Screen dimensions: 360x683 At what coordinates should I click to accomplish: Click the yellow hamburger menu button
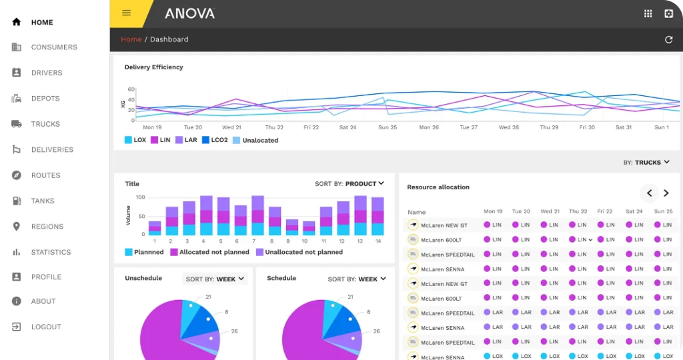pos(127,13)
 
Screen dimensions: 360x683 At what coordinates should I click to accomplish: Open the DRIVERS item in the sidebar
pos(46,73)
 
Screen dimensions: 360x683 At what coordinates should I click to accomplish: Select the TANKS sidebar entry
pos(43,201)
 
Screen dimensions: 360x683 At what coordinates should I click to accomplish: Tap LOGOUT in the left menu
pos(45,327)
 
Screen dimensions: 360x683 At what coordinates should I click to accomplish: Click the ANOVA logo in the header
pos(189,13)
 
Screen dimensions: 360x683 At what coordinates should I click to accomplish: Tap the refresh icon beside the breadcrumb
pos(668,39)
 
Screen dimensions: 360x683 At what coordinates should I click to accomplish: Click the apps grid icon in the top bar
pos(648,13)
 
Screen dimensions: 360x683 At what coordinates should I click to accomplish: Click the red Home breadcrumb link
pos(131,39)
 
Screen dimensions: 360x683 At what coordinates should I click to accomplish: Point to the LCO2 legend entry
pos(215,140)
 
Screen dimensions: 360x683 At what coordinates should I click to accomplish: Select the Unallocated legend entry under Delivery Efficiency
pos(255,140)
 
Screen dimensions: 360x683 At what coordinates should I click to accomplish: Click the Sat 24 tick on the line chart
pos(348,127)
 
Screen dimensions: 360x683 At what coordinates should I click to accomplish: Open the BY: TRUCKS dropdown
pos(646,162)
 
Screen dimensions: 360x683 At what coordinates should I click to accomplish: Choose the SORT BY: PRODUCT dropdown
pos(350,183)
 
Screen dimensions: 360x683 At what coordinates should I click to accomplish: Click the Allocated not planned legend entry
pos(209,252)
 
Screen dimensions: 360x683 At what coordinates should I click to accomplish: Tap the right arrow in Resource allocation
pos(666,193)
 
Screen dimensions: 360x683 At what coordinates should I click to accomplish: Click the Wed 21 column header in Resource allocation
pos(550,211)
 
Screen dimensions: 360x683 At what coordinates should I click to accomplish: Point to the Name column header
pos(416,212)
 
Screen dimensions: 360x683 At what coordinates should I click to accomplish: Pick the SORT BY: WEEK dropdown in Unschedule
pos(215,279)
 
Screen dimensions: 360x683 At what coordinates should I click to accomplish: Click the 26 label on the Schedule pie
pos(376,331)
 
